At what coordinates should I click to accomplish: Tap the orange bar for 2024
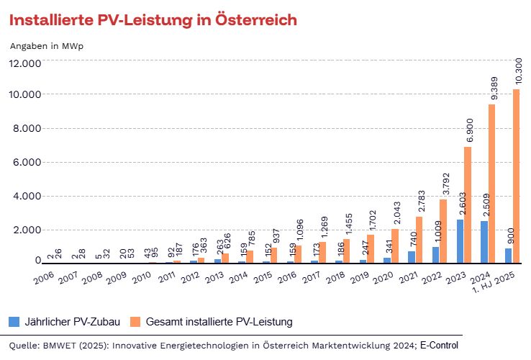click(492, 184)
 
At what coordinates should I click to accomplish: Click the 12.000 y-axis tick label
click(26, 63)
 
